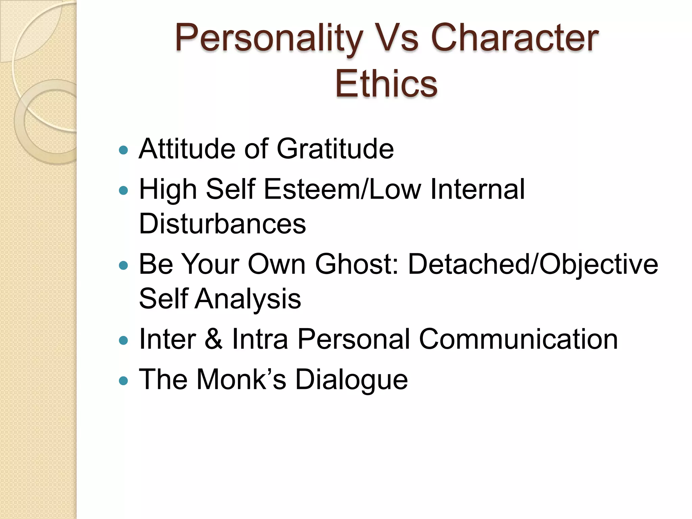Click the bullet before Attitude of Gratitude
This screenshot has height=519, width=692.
click(124, 150)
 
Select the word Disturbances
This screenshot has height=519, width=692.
click(222, 224)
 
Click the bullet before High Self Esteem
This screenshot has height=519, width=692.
click(124, 191)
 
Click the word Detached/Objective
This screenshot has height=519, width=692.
click(533, 265)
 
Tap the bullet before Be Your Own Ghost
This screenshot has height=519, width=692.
click(124, 266)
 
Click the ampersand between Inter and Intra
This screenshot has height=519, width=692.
click(214, 339)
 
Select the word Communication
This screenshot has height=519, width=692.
click(518, 339)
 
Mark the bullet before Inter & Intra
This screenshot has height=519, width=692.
click(124, 340)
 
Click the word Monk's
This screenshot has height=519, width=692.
click(241, 379)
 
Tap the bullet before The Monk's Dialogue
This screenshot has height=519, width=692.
click(124, 381)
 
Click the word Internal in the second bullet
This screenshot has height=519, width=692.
click(477, 189)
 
